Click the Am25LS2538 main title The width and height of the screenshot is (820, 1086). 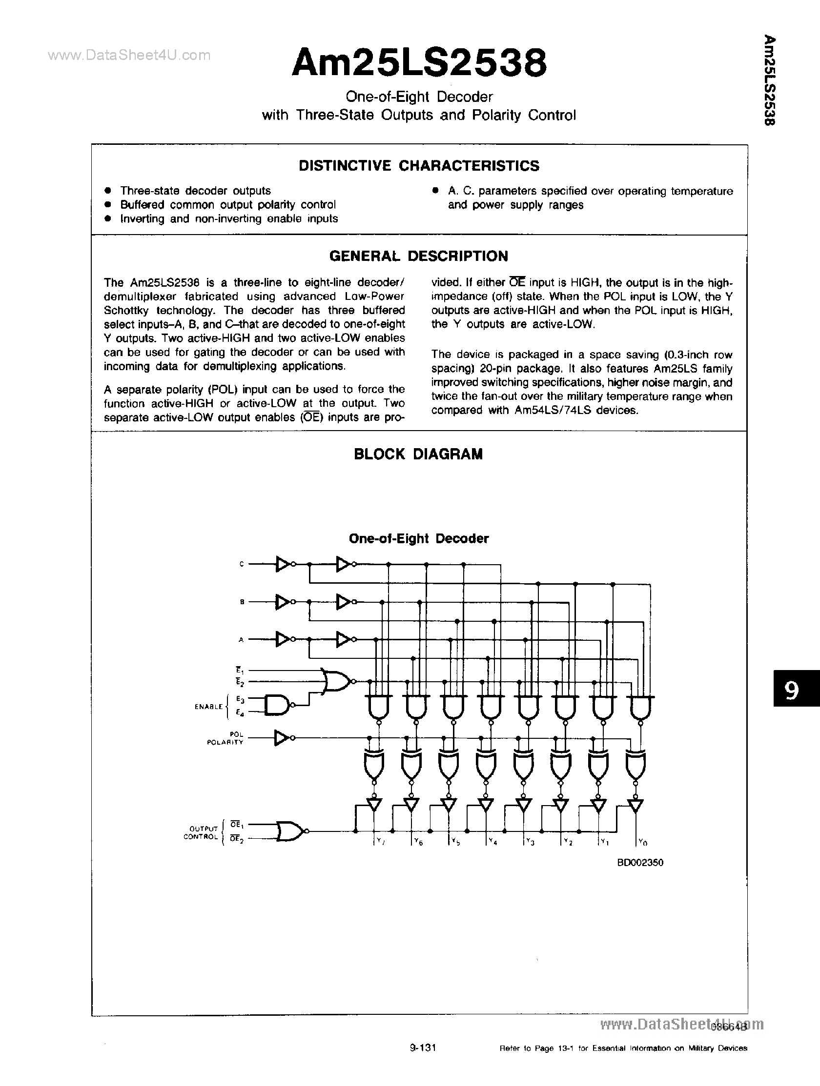(x=419, y=64)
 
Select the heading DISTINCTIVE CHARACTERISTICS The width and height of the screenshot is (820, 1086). (x=419, y=166)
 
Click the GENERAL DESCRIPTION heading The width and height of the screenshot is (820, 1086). (x=419, y=256)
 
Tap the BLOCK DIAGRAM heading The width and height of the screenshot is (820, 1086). (x=418, y=454)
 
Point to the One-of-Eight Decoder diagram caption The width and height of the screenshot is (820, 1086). (x=419, y=538)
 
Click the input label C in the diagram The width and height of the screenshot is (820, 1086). (x=241, y=564)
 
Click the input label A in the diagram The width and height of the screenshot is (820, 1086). (x=241, y=639)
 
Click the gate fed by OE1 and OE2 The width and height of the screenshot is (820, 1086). (x=290, y=831)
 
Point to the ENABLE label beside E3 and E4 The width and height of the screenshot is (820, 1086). (x=208, y=707)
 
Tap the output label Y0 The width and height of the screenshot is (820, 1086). (x=642, y=843)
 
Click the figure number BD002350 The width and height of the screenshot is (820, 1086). (x=640, y=863)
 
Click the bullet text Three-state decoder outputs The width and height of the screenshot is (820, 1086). (x=195, y=191)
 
